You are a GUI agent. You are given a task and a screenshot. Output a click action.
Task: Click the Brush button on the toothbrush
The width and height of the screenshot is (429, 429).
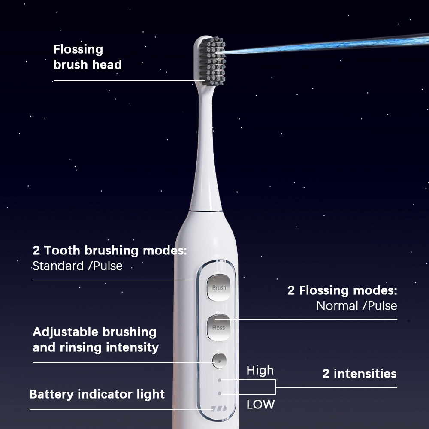(x=219, y=287)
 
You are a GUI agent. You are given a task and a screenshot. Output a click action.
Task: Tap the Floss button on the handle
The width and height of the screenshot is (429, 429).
(x=218, y=328)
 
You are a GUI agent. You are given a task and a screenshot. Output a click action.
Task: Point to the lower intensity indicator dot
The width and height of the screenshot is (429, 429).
(x=220, y=393)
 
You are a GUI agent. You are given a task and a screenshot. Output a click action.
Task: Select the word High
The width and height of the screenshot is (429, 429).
(x=260, y=370)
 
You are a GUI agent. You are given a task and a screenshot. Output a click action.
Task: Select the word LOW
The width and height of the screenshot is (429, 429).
(x=260, y=404)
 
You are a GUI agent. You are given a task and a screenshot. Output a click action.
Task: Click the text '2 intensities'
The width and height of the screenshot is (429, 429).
(x=359, y=374)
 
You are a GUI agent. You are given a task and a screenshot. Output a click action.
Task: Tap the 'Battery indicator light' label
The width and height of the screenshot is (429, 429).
(x=97, y=394)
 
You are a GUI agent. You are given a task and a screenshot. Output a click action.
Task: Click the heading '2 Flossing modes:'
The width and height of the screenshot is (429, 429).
(x=342, y=290)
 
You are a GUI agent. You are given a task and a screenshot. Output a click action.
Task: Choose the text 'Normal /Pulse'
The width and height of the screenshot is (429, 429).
(x=356, y=306)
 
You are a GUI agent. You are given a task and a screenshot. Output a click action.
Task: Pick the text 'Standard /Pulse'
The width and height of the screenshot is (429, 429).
(x=78, y=266)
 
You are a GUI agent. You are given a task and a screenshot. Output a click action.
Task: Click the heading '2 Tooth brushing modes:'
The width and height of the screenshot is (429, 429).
(x=110, y=251)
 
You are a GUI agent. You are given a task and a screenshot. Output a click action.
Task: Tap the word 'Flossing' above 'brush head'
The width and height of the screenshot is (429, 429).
(x=79, y=49)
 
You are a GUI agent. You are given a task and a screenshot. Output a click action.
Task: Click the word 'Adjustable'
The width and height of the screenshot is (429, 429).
(x=65, y=332)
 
